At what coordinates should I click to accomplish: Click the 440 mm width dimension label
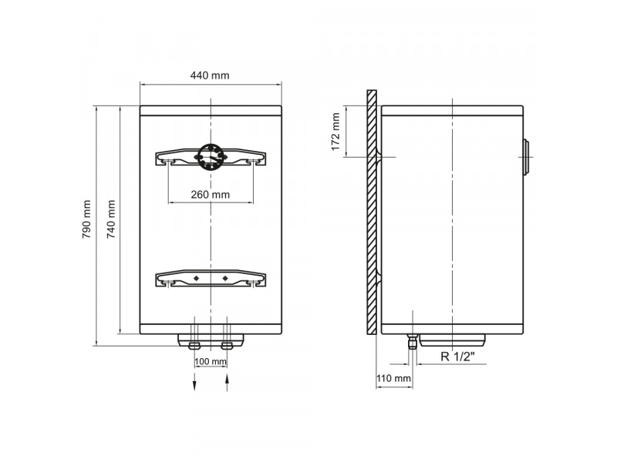(x=210, y=75)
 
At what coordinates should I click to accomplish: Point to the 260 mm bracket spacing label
(x=210, y=195)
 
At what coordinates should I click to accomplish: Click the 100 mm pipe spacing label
(x=211, y=362)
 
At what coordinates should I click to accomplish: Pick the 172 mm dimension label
(x=335, y=132)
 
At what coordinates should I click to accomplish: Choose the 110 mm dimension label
(x=393, y=378)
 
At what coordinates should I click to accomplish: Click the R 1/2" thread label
(x=457, y=357)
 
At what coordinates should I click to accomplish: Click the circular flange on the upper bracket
(x=211, y=156)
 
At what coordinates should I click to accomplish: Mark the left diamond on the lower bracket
(x=196, y=277)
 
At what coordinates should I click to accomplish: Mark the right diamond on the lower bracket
(x=224, y=277)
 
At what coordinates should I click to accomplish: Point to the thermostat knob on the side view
(x=526, y=158)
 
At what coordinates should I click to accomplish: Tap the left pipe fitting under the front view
(x=194, y=341)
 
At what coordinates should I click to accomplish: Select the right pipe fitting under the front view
(x=227, y=341)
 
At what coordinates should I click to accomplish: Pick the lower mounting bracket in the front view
(x=211, y=278)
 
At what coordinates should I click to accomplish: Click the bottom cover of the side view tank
(x=451, y=340)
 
